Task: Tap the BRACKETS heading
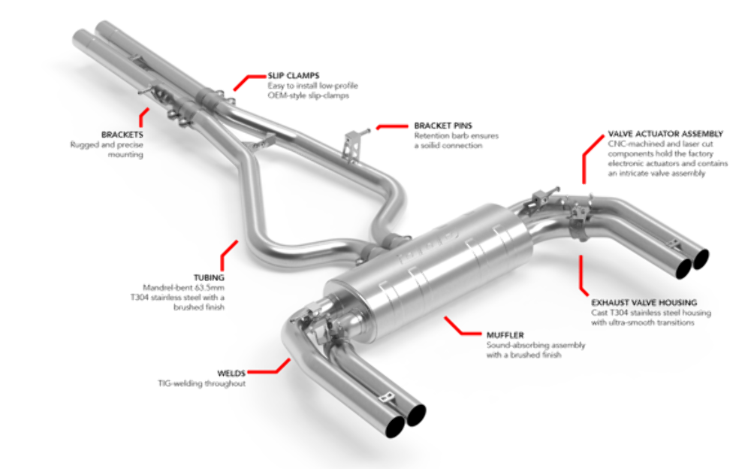(122, 134)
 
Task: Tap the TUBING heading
(210, 277)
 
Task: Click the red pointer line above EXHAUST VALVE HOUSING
(582, 274)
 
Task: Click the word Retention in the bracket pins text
(430, 135)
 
